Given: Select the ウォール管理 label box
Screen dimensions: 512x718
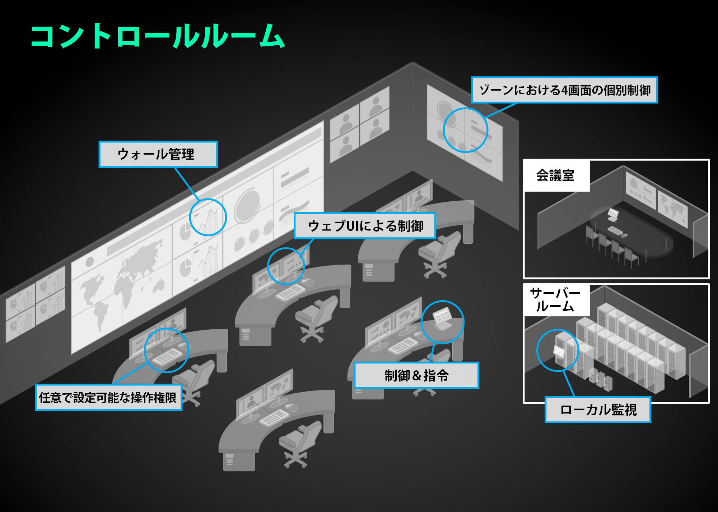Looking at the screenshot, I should (x=158, y=154).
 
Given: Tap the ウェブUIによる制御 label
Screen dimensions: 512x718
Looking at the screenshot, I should (x=365, y=226).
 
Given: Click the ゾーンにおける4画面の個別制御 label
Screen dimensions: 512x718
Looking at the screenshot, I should (x=564, y=90).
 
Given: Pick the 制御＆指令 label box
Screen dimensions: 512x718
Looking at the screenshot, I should (x=416, y=375).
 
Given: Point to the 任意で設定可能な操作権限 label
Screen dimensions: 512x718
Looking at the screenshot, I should (x=108, y=397).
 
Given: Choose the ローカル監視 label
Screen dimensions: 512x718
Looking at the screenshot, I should (x=598, y=410).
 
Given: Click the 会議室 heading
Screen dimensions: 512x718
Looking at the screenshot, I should (x=555, y=176).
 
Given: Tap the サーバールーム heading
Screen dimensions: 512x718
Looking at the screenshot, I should (x=555, y=300).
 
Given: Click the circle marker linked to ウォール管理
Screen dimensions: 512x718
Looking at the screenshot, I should (x=208, y=217).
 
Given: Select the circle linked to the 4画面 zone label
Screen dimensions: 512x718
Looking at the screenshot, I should (x=465, y=130).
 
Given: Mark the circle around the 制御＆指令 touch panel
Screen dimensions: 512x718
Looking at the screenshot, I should (x=442, y=322).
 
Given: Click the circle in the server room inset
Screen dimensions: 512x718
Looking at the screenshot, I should (x=558, y=350).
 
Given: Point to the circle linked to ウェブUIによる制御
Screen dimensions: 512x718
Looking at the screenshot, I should (x=286, y=266).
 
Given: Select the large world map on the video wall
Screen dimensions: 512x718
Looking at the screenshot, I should (x=122, y=284).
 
